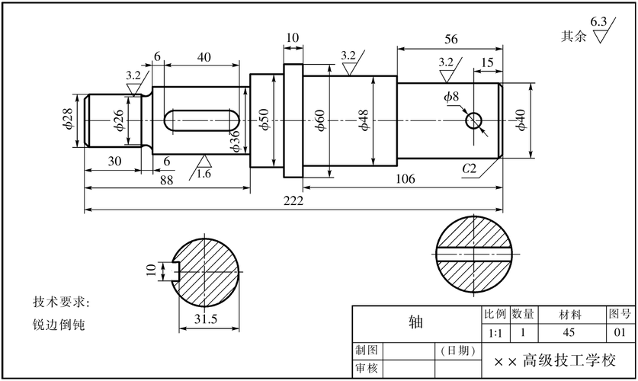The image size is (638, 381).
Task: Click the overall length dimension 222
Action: (x=293, y=201)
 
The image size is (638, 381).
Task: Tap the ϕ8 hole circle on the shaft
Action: (x=474, y=120)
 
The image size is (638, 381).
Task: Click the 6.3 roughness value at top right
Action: (x=598, y=21)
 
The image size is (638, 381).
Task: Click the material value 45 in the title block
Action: (x=569, y=333)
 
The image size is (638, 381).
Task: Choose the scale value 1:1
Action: (x=494, y=333)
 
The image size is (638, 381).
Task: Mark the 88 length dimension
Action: (x=167, y=180)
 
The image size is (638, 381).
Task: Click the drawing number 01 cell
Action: (x=620, y=333)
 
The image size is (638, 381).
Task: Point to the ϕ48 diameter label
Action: (x=364, y=120)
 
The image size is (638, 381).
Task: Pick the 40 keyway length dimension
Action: (x=204, y=57)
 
